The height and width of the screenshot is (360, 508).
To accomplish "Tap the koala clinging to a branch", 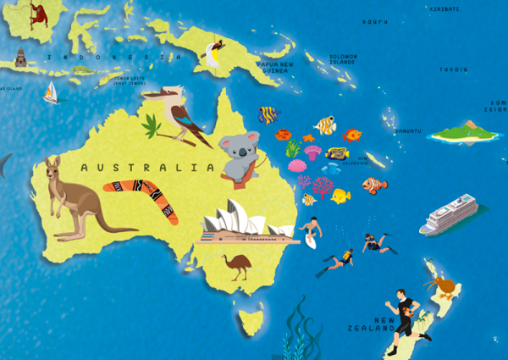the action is point(239,156).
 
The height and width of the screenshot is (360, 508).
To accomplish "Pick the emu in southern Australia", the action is point(239,265).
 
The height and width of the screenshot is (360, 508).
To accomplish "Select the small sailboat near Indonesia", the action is point(51,92).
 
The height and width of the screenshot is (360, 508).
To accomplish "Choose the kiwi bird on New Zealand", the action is point(442,285).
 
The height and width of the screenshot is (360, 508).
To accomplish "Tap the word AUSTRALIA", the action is point(147,168).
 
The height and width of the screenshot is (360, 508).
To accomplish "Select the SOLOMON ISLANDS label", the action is point(343,59).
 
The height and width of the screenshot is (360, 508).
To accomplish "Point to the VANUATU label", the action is point(407,130).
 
